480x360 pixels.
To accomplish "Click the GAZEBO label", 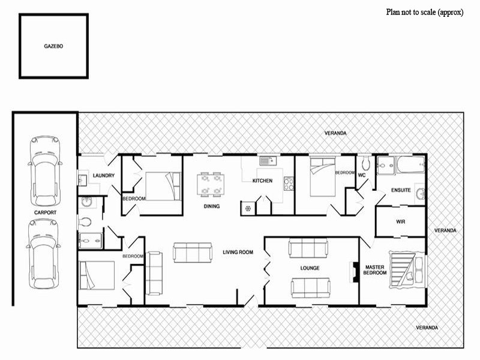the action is coord(53,46).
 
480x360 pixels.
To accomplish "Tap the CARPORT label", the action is coord(46,212).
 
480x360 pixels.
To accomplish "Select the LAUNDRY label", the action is coord(103,175).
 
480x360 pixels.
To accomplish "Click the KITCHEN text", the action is coord(262,181).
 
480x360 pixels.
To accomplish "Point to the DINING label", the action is coord(212,206).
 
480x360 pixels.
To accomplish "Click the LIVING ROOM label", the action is coord(238,252).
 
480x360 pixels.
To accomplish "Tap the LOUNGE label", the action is coord(310,268).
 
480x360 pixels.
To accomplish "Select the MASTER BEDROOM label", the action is coord(374,270).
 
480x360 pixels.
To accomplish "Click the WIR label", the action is coord(400,221).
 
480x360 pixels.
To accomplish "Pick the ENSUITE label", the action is coord(401,190).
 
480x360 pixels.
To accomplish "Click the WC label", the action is coord(362,175).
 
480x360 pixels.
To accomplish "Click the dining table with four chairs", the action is coord(211,185).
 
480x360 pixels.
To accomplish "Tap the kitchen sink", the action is coord(268,161).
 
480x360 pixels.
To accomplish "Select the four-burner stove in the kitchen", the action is coord(289,184).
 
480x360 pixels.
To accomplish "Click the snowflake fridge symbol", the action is coord(248,209).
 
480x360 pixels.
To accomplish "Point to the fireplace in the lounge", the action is coord(354,272).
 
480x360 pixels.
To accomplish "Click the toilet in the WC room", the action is coord(366,163).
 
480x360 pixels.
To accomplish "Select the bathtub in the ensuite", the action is coord(411,164).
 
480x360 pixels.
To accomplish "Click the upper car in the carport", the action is coord(45,171).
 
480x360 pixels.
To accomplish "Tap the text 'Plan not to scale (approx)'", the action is coord(425,12).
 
